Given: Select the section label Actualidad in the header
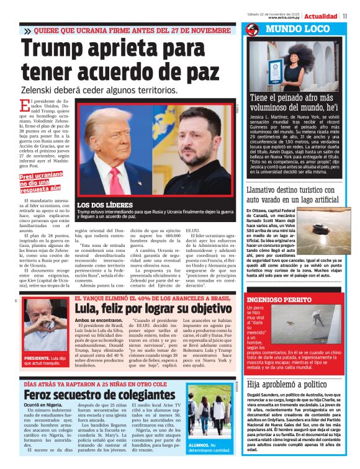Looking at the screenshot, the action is (321, 16).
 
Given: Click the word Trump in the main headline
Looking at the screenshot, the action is (61, 49).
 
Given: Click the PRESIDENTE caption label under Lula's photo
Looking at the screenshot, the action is (38, 359).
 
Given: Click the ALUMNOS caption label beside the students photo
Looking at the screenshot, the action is (200, 445).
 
